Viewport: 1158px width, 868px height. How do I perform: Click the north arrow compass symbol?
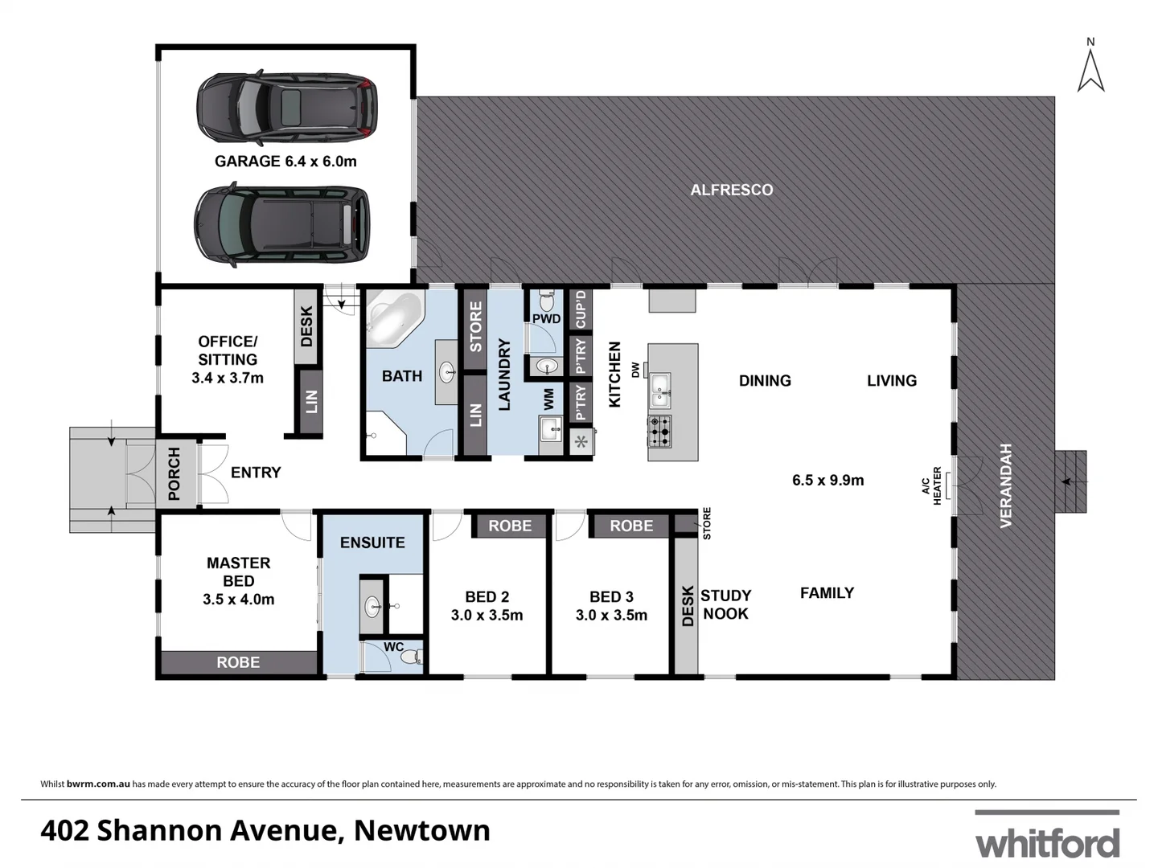1090,68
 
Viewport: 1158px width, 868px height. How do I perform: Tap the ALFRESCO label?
732,190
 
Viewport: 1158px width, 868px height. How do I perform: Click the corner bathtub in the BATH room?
393,319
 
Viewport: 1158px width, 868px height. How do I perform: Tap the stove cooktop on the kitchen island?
660,432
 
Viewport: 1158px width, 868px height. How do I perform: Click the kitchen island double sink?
660,389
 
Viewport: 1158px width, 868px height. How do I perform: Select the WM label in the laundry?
549,399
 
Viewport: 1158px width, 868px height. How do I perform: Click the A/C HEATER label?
930,486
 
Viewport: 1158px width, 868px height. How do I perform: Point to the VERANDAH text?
1005,485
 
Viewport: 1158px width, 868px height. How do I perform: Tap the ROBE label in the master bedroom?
238,662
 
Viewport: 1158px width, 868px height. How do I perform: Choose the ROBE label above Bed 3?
631,526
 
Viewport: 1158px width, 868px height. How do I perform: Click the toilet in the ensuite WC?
411,657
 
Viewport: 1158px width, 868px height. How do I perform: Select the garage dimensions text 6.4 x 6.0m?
320,161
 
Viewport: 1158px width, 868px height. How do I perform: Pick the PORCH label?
175,474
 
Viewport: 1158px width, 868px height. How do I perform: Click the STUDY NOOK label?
725,604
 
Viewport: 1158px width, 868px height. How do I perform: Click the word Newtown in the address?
422,830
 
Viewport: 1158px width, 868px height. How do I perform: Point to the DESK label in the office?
306,326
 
